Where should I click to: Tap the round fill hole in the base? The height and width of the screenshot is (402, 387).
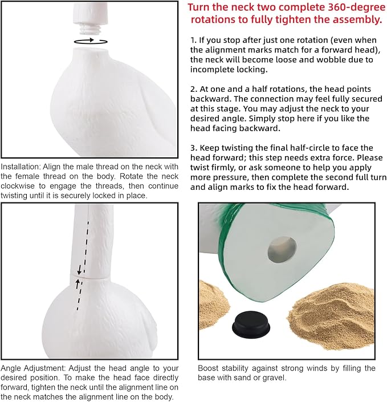[282, 250]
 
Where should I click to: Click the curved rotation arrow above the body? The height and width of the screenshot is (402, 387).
[91, 41]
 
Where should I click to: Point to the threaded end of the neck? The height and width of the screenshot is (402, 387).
[88, 29]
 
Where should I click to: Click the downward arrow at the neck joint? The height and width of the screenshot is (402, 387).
[79, 270]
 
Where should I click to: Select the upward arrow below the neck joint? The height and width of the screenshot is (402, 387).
[78, 284]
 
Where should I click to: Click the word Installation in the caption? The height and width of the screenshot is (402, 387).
[21, 167]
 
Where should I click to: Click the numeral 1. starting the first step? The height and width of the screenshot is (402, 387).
[194, 40]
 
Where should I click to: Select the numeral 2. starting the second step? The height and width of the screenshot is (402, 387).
[194, 89]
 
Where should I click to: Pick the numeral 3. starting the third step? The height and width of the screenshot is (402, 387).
[194, 148]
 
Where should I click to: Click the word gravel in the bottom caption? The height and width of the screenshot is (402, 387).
[274, 378]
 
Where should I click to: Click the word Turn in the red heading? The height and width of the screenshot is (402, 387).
[198, 7]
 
